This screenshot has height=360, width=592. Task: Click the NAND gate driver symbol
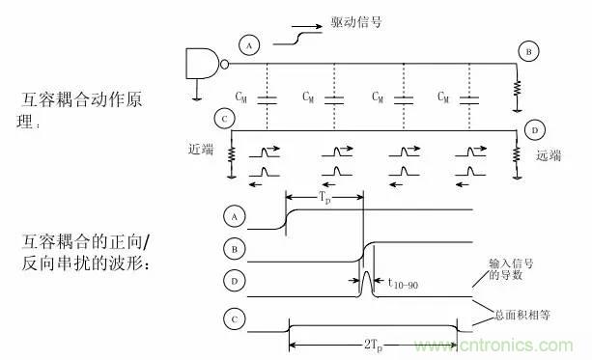click(204, 65)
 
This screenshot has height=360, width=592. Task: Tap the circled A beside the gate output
click(249, 45)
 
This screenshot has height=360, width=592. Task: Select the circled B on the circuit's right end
click(528, 51)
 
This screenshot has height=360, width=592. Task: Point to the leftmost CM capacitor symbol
click(268, 99)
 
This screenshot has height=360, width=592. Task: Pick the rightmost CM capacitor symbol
click(470, 99)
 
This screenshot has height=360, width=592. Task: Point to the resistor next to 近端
click(232, 154)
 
